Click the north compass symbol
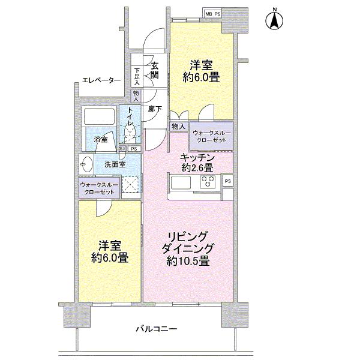click(x=274, y=19)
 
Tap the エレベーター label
click(x=101, y=80)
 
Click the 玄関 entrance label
click(x=154, y=70)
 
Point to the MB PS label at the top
click(x=213, y=13)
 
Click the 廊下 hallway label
click(x=154, y=109)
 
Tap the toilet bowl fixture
click(x=130, y=130)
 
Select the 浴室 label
click(x=101, y=140)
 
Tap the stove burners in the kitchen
click(x=208, y=181)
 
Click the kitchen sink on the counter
click(x=181, y=181)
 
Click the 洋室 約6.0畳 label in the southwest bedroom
click(x=109, y=252)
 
